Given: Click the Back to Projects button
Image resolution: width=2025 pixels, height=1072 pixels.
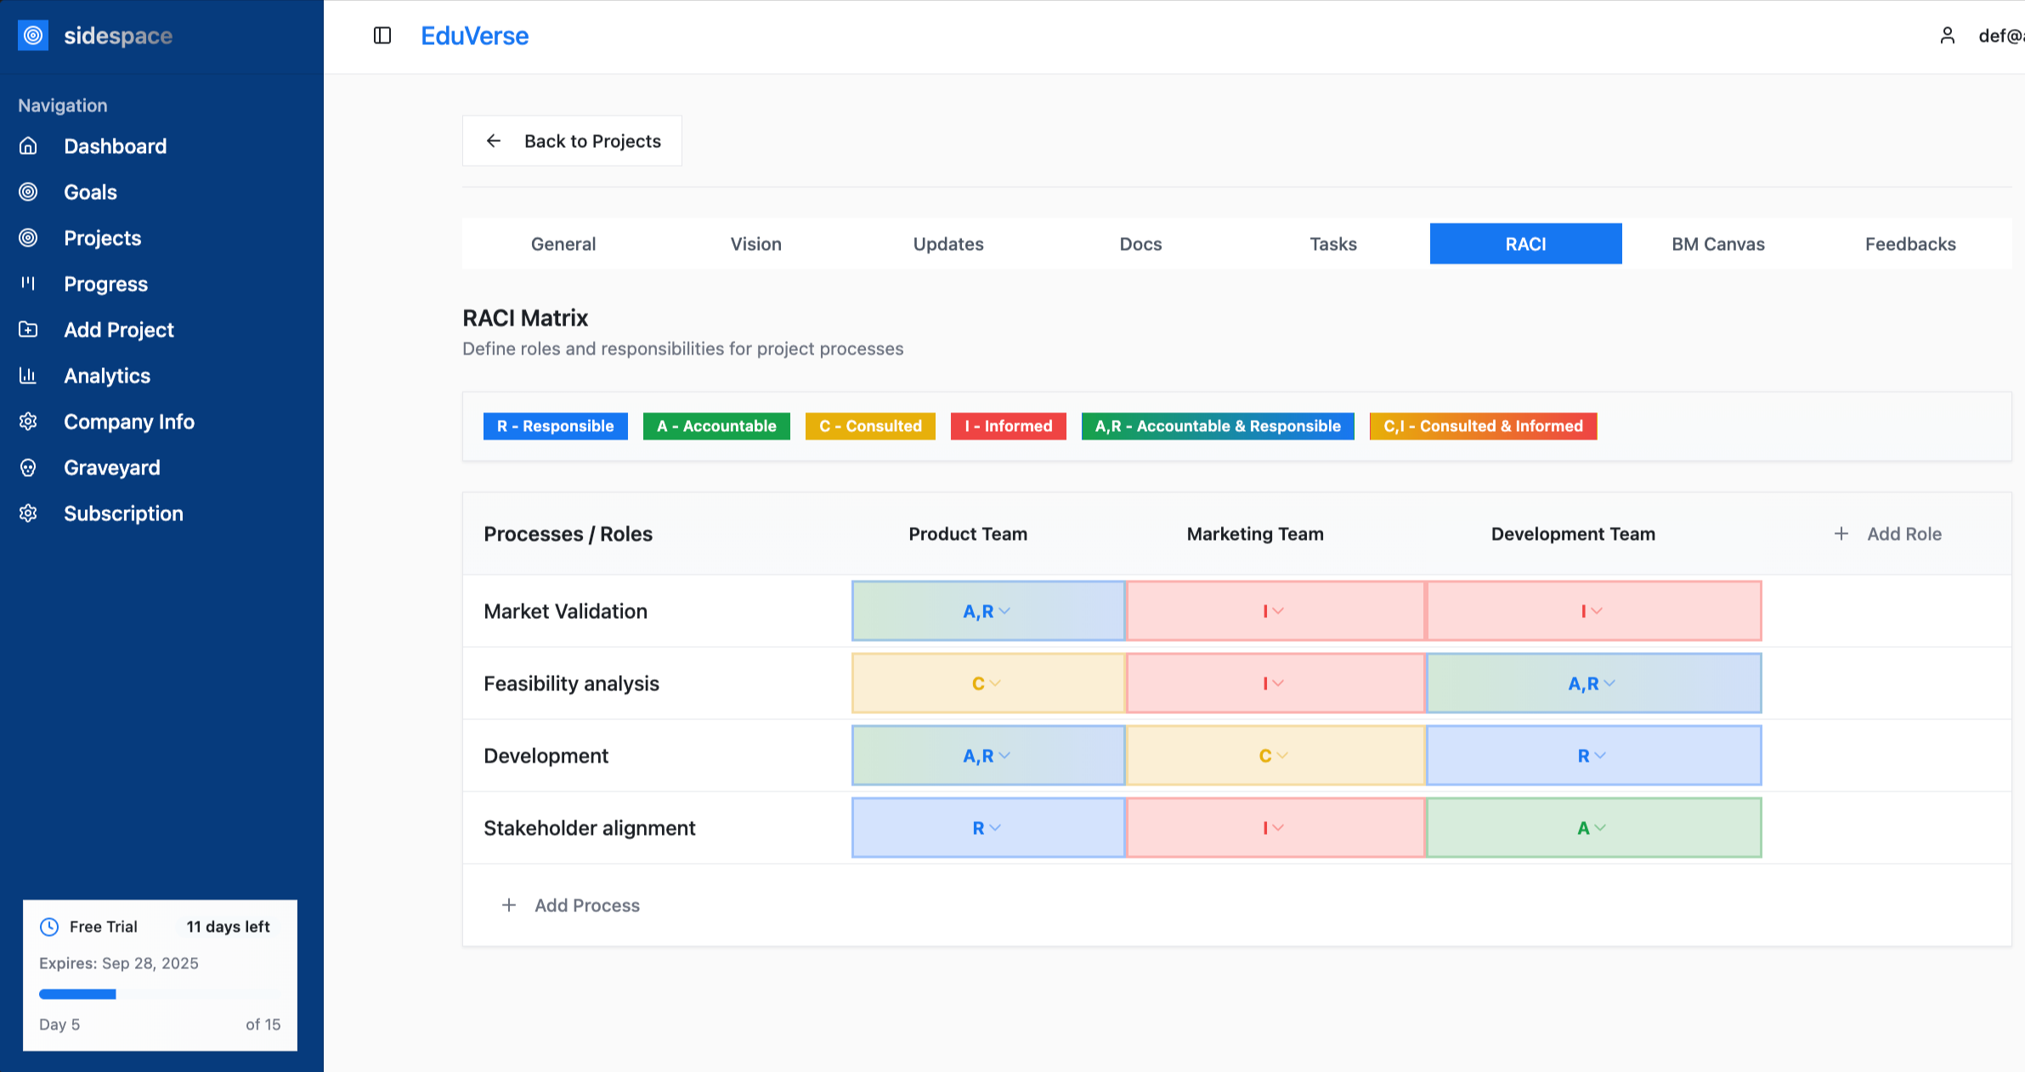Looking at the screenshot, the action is (x=572, y=141).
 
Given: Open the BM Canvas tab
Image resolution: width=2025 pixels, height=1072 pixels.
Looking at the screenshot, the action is (x=1717, y=244).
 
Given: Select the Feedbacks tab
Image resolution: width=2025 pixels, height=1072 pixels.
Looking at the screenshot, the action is (x=1910, y=244).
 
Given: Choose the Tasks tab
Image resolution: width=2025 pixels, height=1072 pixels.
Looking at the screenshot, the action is (x=1332, y=244).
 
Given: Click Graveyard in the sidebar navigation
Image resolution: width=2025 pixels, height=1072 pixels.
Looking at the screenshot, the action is (x=111, y=468).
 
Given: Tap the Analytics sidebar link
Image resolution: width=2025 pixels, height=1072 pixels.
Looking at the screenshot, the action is (x=106, y=376).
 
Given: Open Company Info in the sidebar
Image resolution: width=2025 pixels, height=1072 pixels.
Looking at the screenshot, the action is (x=128, y=422).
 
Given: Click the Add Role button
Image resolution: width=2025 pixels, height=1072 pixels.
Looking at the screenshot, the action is (x=1887, y=534).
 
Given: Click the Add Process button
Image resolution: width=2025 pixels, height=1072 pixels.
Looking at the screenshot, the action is (x=570, y=905).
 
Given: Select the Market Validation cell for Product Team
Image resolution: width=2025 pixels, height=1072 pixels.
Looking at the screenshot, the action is (x=988, y=611).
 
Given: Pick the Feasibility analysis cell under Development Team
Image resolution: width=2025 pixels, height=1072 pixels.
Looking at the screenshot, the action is (x=1593, y=683).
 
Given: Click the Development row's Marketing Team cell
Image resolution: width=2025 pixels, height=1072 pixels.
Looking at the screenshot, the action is (x=1276, y=756).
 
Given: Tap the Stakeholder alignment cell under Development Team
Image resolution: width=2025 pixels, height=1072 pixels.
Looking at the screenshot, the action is (x=1593, y=828).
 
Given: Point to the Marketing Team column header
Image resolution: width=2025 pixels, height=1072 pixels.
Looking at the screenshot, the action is (x=1255, y=534).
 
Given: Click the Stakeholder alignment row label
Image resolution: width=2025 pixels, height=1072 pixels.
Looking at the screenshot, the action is (x=590, y=828).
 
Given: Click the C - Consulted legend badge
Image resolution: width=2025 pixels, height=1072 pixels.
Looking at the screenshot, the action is (x=870, y=426).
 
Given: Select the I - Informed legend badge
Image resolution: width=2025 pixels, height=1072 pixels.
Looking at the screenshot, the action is (x=1008, y=426).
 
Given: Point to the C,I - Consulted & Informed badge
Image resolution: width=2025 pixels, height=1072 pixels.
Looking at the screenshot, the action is (x=1483, y=426).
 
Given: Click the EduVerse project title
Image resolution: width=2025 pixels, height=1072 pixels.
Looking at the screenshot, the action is (x=475, y=36).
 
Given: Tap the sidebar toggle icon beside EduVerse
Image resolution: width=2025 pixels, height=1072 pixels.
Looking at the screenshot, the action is (x=382, y=36).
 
